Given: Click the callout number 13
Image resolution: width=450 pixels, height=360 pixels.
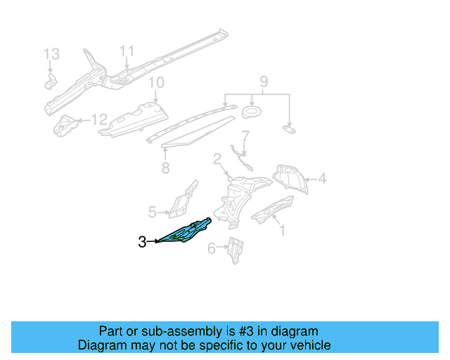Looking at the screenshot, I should coord(53,54).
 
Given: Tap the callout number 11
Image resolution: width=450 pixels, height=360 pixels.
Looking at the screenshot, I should coord(126,51).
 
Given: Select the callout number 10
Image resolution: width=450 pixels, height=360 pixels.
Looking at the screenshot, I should coord(155,82).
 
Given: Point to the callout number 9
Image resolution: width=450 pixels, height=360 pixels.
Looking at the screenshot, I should coord(264,81).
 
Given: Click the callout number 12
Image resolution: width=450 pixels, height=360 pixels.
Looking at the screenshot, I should coord(99,120).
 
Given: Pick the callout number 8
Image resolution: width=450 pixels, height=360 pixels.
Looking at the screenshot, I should coord(165,168).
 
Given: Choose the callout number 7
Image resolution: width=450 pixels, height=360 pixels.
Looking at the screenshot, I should coord(245,135).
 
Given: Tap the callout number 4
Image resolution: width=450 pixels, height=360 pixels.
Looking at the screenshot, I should coord(322,179).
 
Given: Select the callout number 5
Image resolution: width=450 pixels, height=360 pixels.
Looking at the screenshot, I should coord(152,211).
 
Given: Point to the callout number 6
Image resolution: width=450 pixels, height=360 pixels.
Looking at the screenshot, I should coord(211,248).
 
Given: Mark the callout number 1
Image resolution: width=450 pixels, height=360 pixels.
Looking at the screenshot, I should coord(282,229).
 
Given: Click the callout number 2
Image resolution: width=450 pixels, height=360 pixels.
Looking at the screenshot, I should coord(217,159).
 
